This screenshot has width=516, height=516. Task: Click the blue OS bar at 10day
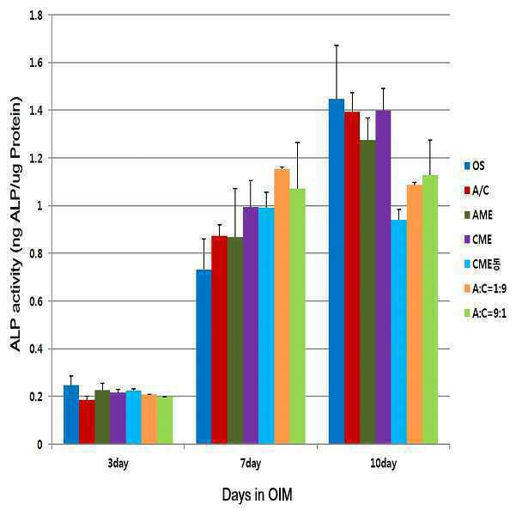(x=337, y=271)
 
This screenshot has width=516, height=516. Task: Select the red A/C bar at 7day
(x=220, y=340)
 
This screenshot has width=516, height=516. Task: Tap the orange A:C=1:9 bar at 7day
(x=282, y=307)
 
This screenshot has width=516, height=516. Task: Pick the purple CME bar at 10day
(x=383, y=277)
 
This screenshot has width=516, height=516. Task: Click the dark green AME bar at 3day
(x=103, y=417)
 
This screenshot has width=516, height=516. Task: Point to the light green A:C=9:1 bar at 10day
(x=430, y=310)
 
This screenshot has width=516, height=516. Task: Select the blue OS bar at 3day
(x=71, y=415)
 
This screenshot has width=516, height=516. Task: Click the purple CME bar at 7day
(x=251, y=325)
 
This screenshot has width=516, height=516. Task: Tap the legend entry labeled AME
(x=478, y=215)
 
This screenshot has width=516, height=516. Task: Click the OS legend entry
(x=474, y=166)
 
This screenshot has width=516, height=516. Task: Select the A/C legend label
(x=481, y=191)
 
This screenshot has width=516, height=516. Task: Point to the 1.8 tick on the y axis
(x=36, y=15)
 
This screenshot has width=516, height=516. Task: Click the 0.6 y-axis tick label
(x=36, y=301)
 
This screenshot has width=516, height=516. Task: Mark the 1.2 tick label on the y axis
(x=36, y=158)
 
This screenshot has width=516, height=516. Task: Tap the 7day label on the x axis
(x=251, y=464)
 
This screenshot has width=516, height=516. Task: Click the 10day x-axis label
(x=384, y=464)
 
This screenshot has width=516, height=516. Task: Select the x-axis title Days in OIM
(x=257, y=495)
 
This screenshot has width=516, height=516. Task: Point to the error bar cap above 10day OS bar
(x=337, y=46)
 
